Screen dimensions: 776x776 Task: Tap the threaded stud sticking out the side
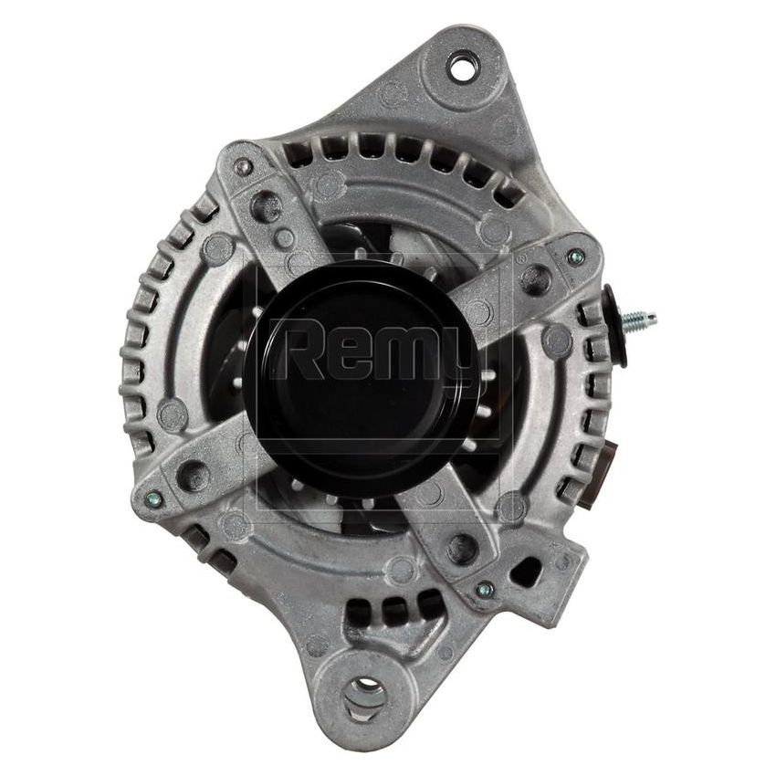(642, 320)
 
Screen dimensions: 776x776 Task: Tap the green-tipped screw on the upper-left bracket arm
(242, 167)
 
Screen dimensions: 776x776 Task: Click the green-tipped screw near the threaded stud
(573, 257)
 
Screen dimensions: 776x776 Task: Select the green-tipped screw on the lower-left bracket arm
(153, 499)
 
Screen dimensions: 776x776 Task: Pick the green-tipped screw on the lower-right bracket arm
(485, 591)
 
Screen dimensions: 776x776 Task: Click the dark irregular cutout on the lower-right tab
(524, 572)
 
